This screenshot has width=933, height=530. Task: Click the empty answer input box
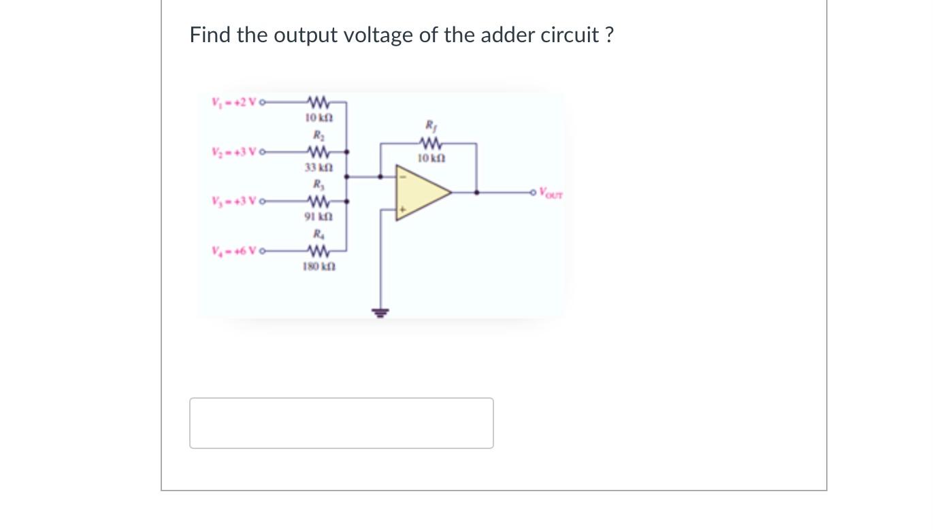click(x=341, y=423)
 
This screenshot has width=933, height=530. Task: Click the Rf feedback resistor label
click(x=430, y=125)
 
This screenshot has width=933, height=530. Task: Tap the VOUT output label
click(x=551, y=193)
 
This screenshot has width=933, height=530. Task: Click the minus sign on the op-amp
click(x=402, y=177)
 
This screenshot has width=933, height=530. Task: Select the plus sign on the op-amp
click(x=402, y=211)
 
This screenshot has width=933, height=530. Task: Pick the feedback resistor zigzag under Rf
click(x=431, y=144)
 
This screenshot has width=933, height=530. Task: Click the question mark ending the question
click(x=608, y=35)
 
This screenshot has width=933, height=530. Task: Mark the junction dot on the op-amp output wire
click(x=476, y=193)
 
